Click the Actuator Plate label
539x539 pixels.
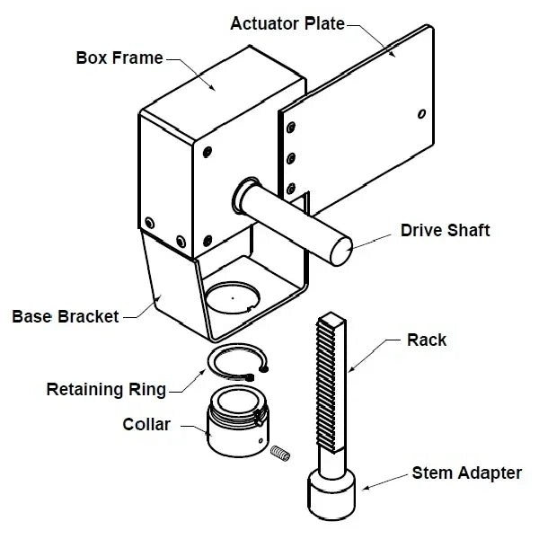(x=287, y=23)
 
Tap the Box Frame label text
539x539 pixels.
(x=119, y=58)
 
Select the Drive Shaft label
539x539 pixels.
(x=445, y=231)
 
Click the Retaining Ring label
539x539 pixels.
(x=106, y=389)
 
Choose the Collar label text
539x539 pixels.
(x=146, y=424)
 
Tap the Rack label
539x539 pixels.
(x=427, y=340)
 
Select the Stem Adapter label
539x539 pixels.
(x=467, y=472)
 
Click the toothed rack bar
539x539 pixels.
(x=330, y=386)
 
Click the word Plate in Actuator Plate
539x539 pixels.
(x=324, y=23)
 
